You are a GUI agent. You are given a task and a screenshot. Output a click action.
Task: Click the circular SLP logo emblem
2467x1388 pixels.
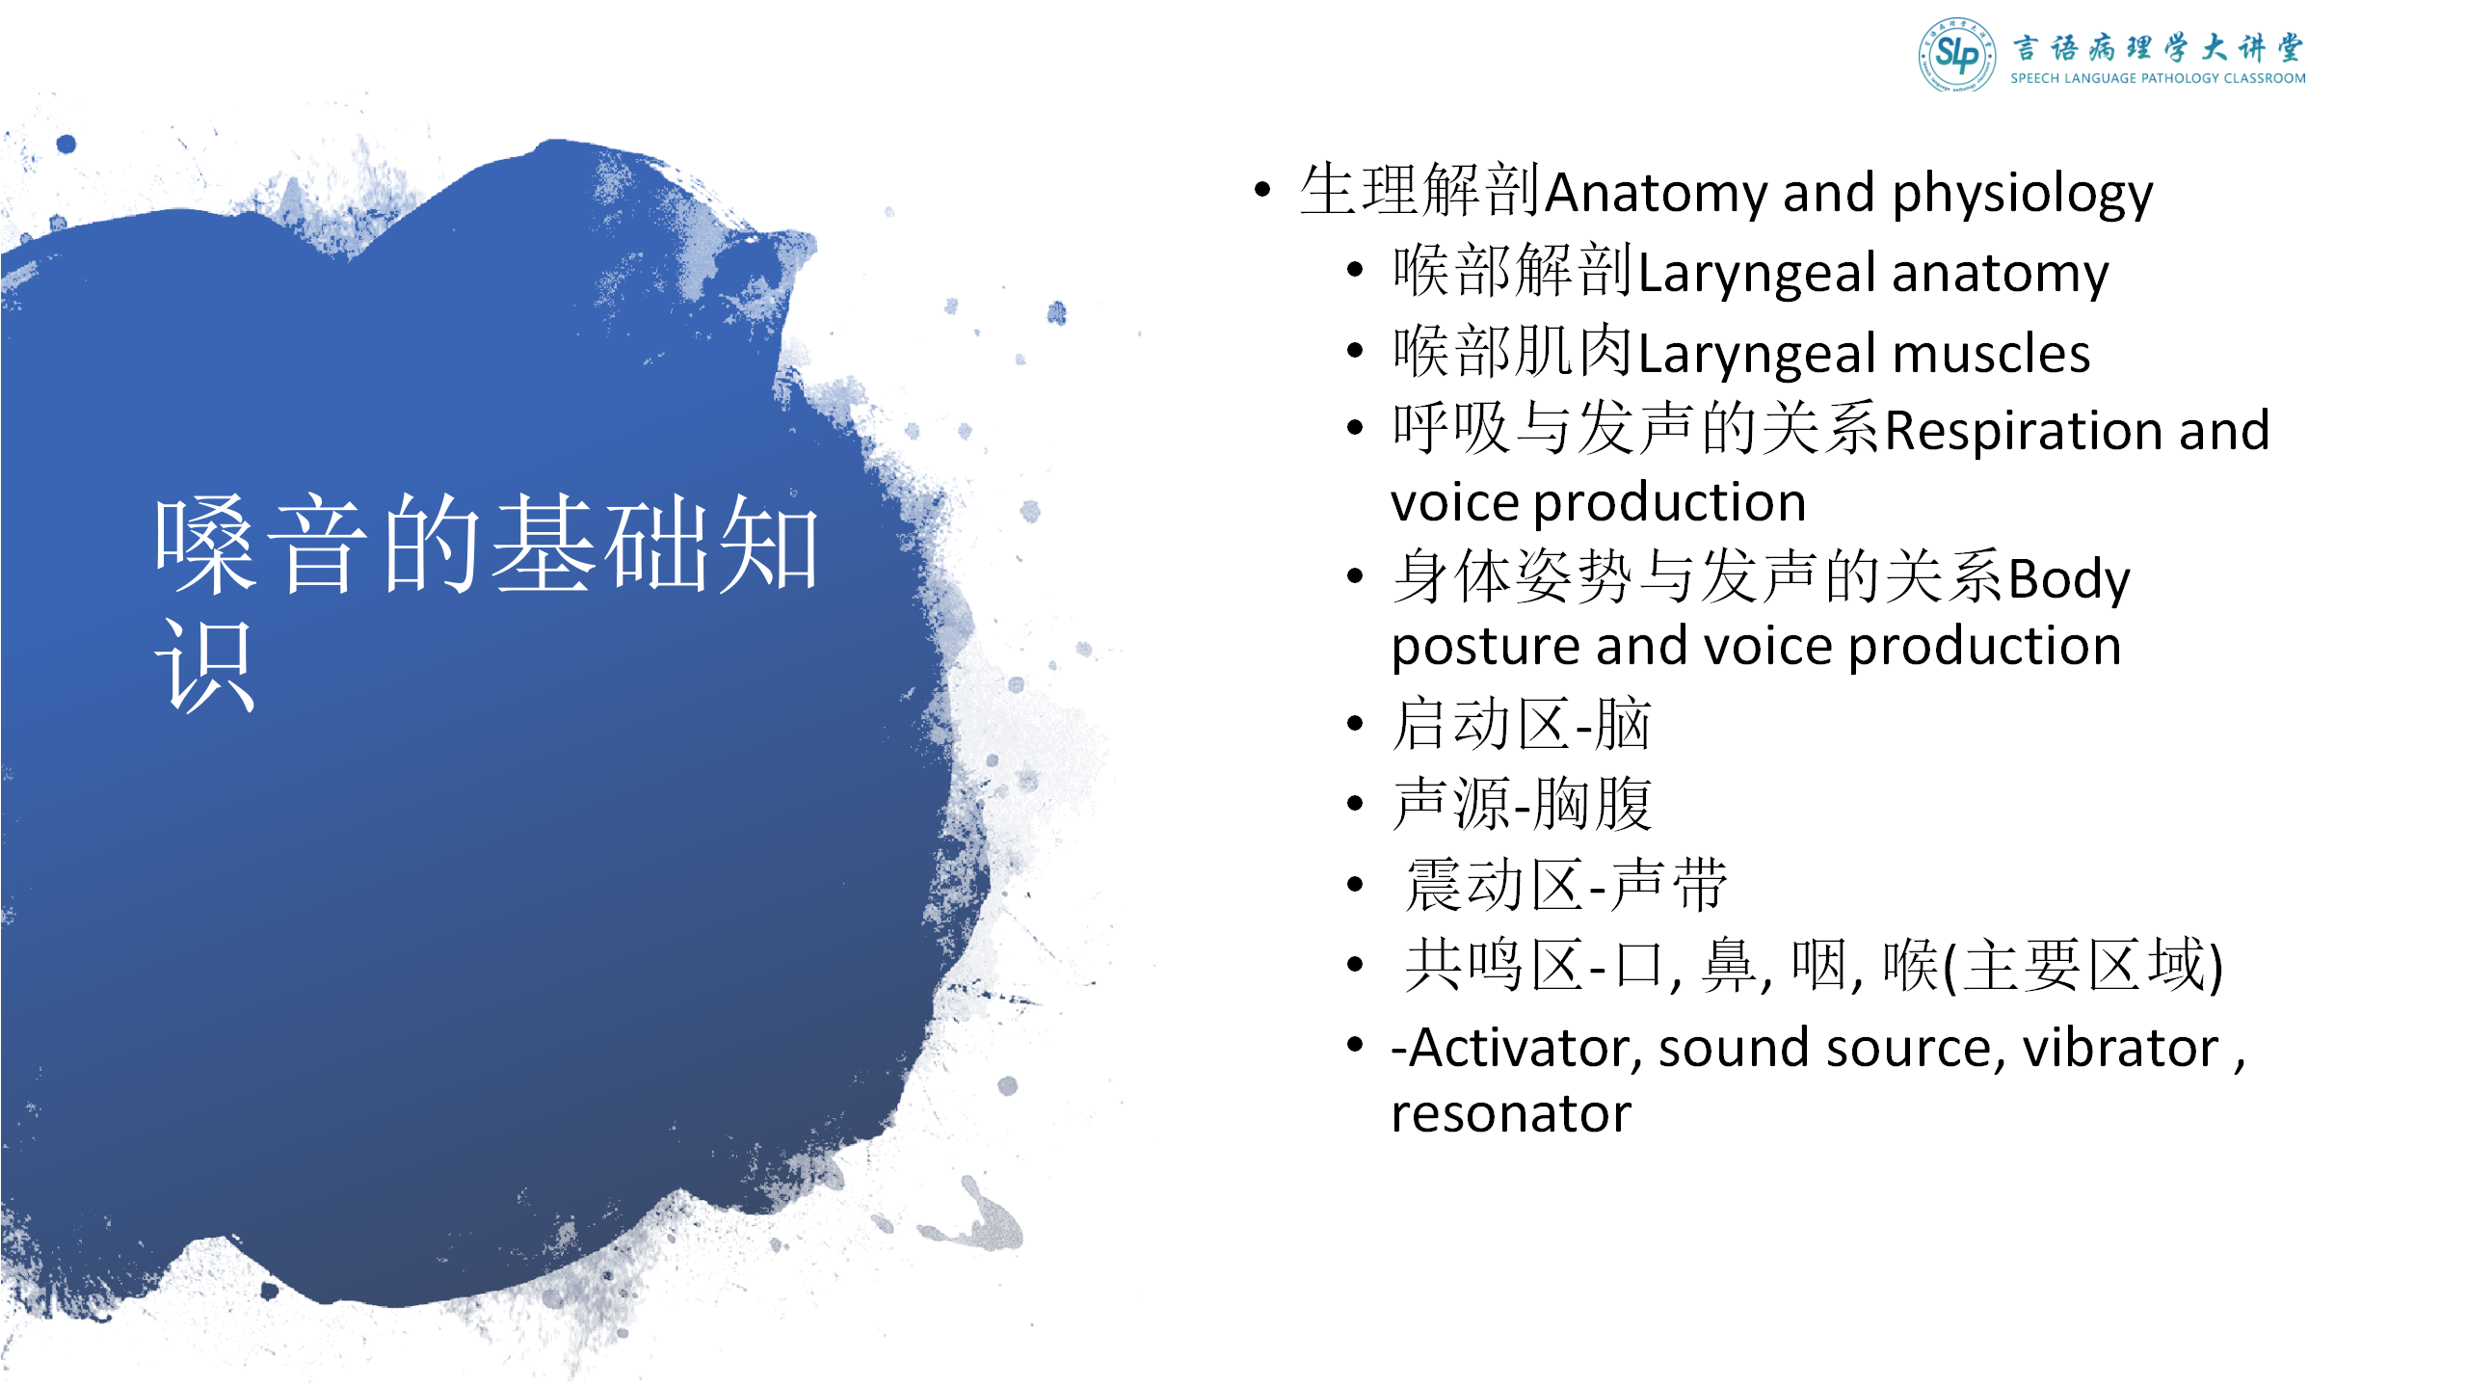coord(1956,54)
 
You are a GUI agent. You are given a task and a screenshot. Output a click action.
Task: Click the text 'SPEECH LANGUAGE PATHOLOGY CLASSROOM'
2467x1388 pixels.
coord(2158,78)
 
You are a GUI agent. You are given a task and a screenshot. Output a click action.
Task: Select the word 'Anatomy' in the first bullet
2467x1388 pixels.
coord(1657,194)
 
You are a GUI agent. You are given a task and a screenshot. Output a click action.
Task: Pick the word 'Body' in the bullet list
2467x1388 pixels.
coord(2069,579)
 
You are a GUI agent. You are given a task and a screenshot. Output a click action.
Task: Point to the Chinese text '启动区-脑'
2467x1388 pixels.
coord(1521,724)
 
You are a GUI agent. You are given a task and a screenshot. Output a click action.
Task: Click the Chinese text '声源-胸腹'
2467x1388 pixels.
coord(1521,804)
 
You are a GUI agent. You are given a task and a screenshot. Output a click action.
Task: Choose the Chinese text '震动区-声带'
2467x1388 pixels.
coord(1566,885)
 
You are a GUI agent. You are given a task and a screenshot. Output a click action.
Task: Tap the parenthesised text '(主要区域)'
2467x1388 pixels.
coord(2082,966)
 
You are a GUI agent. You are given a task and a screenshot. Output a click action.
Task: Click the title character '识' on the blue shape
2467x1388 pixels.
coord(205,665)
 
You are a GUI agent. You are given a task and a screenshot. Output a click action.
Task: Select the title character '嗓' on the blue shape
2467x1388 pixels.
coord(205,545)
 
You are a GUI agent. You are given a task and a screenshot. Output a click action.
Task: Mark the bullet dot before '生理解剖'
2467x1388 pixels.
coord(1262,190)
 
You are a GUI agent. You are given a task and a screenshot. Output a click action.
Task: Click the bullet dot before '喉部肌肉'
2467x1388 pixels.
coord(1356,351)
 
